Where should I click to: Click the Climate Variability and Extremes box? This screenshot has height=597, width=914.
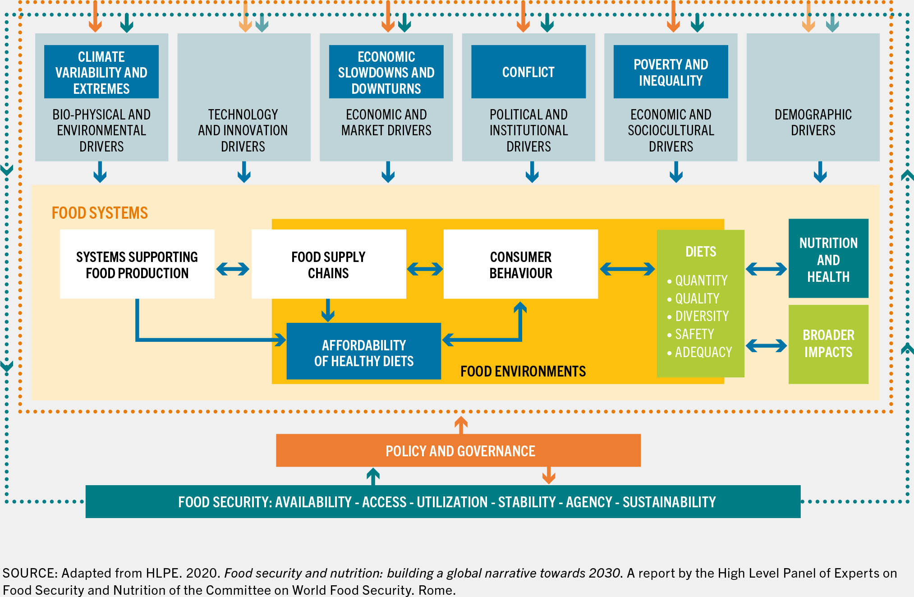pos(101,72)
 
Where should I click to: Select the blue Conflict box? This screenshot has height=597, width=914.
pos(528,72)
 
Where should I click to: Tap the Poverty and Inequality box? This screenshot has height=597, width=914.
pos(671,72)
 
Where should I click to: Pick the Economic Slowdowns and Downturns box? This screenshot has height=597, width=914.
pos(386,72)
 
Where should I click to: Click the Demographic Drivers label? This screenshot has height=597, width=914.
pos(813,122)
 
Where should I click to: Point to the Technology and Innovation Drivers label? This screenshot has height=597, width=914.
pos(243,130)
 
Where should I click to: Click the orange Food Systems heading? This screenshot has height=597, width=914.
pos(100,213)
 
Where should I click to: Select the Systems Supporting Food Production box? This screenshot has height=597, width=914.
pos(137,264)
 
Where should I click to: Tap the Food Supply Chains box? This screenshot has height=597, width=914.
pos(329,264)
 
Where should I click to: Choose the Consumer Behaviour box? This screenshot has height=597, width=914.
pos(521,264)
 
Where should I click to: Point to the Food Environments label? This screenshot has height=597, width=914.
pos(523,371)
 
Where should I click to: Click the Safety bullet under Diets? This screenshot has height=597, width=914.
pos(694,334)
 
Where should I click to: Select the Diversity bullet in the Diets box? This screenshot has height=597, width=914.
pos(702,316)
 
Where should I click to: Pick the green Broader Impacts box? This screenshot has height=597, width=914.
pos(828,344)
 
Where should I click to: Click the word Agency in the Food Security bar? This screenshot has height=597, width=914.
pos(589,502)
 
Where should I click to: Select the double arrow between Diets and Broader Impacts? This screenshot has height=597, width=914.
pos(767,346)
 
